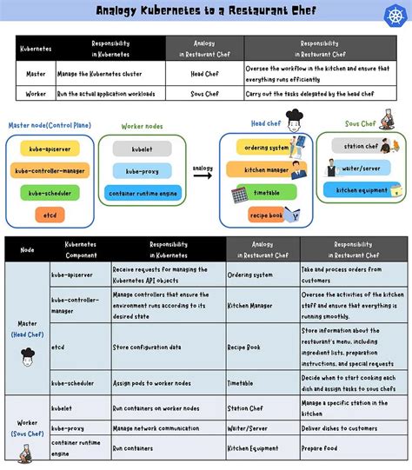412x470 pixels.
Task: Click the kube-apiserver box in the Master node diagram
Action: click(50, 148)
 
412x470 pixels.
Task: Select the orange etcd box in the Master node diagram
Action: click(50, 214)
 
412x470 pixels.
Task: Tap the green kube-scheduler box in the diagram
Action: click(50, 192)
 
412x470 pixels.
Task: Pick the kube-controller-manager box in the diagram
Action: click(50, 170)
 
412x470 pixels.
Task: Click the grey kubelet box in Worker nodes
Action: click(142, 149)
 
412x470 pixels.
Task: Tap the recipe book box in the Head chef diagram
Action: click(266, 215)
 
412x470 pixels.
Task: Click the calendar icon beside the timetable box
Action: click(240, 194)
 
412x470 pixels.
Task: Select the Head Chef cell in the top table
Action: click(204, 74)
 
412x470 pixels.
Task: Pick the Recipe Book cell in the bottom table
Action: click(244, 348)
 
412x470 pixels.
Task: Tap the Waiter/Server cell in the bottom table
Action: click(247, 427)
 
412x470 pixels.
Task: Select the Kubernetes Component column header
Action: click(80, 249)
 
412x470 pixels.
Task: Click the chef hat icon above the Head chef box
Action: click(293, 116)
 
